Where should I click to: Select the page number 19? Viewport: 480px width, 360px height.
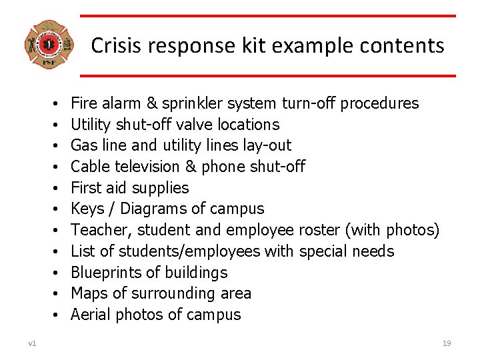447,343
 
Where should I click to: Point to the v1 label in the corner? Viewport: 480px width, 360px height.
32,343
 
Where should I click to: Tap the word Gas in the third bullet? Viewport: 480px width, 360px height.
83,145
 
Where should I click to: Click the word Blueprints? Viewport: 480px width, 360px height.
107,273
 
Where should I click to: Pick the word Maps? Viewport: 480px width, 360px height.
88,294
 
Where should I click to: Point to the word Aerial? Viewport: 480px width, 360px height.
90,315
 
